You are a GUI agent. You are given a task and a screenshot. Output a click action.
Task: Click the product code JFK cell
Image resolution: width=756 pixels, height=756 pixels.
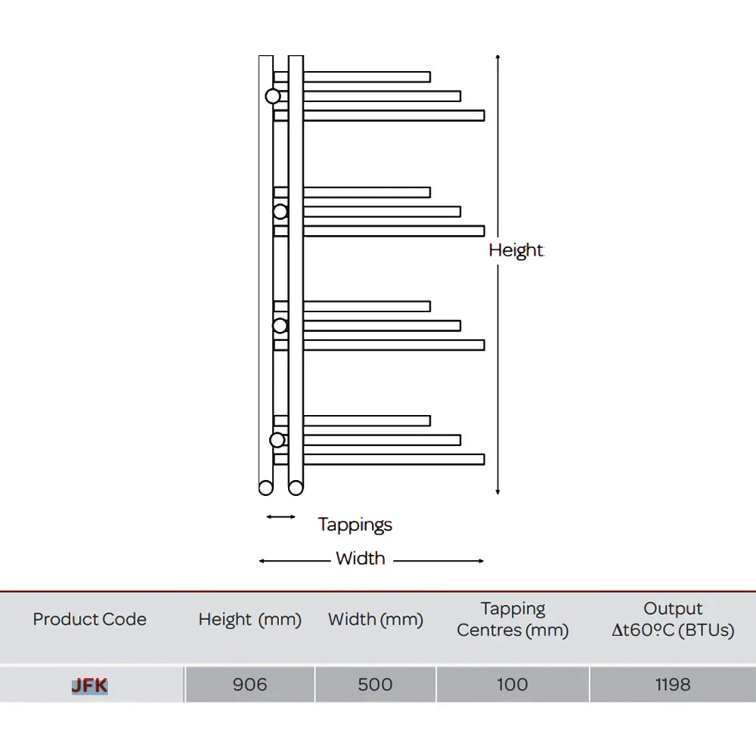(x=90, y=685)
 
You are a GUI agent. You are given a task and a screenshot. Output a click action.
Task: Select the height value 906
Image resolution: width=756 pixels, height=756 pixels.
(x=249, y=685)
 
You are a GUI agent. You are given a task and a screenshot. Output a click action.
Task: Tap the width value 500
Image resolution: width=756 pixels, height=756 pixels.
(x=375, y=685)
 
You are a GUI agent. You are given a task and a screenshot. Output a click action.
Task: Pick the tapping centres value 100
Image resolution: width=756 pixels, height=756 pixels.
(x=512, y=685)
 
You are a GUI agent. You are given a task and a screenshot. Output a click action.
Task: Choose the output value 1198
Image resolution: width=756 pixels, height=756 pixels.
(x=673, y=685)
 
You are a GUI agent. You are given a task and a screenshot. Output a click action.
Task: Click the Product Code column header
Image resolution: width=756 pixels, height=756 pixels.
(x=90, y=619)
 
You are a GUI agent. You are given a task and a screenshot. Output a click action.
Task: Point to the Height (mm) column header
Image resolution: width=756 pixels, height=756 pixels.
(x=249, y=620)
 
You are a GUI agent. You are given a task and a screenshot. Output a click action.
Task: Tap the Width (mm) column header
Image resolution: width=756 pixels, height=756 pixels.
(x=376, y=620)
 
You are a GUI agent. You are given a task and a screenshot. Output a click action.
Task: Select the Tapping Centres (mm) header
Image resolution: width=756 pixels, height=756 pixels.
(x=513, y=620)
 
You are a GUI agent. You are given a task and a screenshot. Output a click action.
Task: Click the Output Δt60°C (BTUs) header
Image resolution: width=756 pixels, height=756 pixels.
(x=673, y=620)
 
